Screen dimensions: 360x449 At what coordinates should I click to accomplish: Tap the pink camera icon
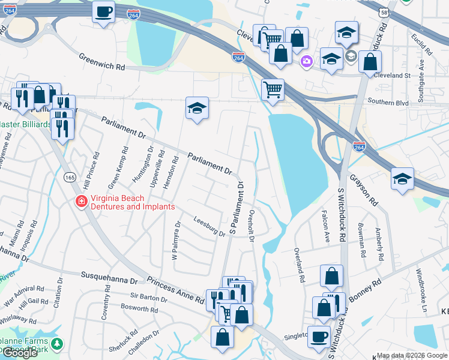click(307, 61)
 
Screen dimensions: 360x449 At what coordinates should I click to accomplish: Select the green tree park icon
click(56, 344)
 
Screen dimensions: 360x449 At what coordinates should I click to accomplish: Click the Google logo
click(20, 353)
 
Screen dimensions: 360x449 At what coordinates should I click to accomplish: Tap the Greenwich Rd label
click(101, 61)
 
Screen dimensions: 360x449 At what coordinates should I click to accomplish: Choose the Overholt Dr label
click(252, 226)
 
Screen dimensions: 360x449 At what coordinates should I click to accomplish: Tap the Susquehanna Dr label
click(109, 278)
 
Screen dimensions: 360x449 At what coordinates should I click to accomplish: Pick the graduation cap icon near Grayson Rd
click(402, 179)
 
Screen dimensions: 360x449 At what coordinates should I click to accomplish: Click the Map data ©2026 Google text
click(412, 355)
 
